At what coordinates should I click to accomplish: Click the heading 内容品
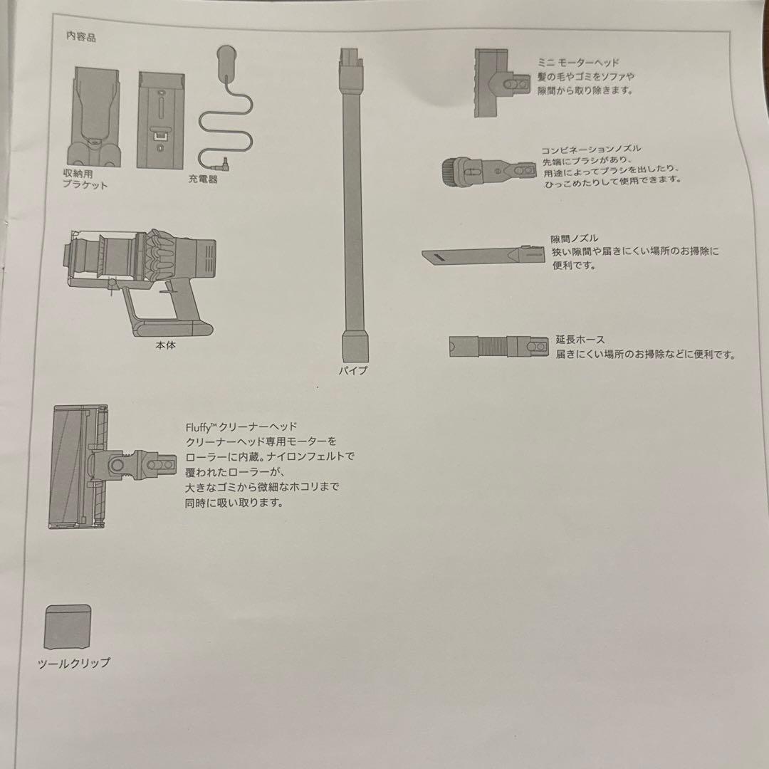80,38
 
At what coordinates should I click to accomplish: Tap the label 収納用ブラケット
85,179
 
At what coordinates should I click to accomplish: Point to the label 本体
165,346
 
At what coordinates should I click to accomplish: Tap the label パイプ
354,370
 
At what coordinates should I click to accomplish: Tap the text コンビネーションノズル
591,149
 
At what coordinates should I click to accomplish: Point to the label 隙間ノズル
574,239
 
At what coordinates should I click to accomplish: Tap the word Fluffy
197,427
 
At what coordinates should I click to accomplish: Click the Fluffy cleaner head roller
71,466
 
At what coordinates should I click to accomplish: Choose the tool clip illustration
68,627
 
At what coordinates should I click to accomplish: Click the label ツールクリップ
74,663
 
